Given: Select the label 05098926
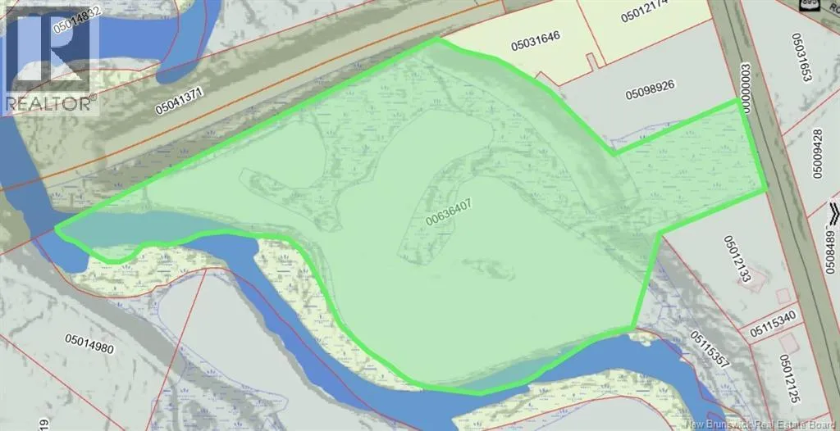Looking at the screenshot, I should pyautogui.click(x=657, y=94).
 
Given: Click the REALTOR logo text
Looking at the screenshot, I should pyautogui.click(x=51, y=104).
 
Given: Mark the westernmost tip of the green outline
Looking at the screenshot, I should pyautogui.click(x=56, y=229).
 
